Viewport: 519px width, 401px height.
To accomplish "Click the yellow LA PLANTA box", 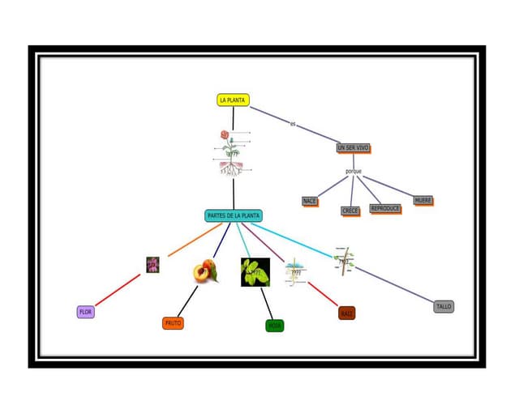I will click(x=233, y=100).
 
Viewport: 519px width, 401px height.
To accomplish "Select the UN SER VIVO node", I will click(x=353, y=148).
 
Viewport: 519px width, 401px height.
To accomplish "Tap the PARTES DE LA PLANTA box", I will click(x=234, y=216).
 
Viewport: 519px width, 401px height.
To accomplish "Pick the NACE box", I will click(x=310, y=201).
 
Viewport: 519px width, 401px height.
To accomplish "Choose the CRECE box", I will click(x=350, y=211).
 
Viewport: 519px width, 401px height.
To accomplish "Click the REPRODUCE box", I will click(x=385, y=208).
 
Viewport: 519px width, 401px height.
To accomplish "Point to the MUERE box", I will click(x=422, y=200).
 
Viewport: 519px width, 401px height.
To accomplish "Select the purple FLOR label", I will click(x=85, y=312).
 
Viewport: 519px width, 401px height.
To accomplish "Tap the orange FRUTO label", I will click(x=173, y=322).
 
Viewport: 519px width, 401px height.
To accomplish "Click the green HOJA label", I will click(x=275, y=326).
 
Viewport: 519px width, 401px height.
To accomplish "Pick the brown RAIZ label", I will click(x=347, y=313).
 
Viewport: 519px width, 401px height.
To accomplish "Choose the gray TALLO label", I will click(x=444, y=306).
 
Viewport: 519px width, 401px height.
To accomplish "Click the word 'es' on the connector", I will click(x=293, y=124).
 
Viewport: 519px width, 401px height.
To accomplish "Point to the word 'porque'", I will click(x=353, y=171).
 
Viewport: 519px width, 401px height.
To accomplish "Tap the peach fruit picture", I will click(x=205, y=271).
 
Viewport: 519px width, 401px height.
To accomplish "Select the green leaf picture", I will click(x=255, y=272).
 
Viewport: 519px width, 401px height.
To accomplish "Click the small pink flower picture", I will click(x=152, y=264).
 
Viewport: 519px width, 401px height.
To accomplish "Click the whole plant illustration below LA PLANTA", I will click(x=232, y=154).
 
